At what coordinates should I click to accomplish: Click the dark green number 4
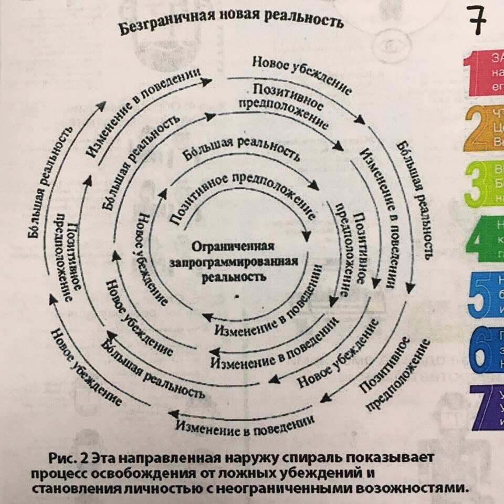479,242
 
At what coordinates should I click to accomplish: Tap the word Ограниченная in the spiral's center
233,247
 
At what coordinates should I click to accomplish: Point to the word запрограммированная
235,261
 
